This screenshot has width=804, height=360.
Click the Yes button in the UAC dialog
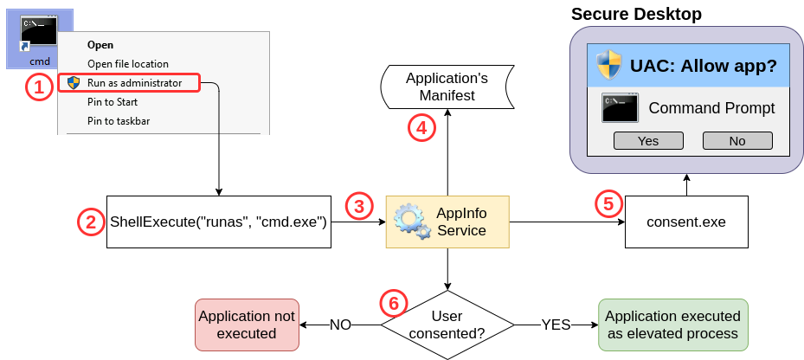[647, 141]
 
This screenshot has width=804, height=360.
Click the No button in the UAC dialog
[736, 141]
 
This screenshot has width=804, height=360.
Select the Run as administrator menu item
[133, 83]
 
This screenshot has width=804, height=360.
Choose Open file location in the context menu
[127, 64]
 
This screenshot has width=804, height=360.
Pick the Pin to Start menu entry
[112, 102]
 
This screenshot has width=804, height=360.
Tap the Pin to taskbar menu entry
[118, 121]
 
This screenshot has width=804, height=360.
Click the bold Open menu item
[100, 45]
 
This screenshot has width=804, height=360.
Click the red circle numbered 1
[37, 87]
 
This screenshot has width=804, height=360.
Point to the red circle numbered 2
[91, 222]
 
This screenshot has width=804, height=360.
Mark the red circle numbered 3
[359, 206]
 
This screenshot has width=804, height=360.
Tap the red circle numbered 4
[421, 128]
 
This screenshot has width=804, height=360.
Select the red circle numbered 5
[608, 204]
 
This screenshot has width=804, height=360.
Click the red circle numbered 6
[393, 303]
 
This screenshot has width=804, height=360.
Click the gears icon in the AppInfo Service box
[409, 222]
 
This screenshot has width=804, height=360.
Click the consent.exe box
[685, 222]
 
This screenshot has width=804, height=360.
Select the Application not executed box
[247, 325]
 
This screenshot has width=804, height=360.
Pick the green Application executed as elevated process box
[672, 325]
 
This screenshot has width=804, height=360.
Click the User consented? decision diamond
[447, 325]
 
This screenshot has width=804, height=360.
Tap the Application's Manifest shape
[447, 87]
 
